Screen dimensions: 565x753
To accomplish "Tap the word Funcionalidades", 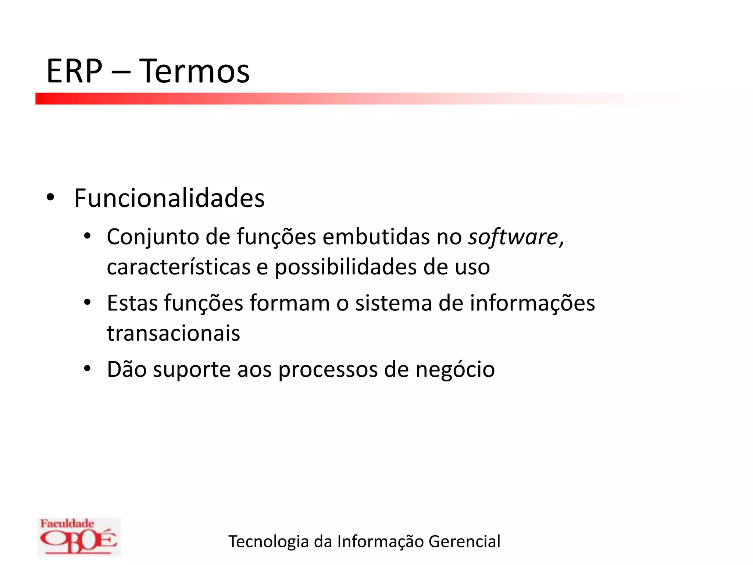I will pos(169,198).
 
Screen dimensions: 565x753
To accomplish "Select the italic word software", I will pos(513,237).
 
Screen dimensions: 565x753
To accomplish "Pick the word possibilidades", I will pos(346,267).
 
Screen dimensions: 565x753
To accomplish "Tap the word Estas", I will pos(132,303).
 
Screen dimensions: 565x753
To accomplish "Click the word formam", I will pos(290,303).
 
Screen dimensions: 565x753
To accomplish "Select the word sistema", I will pos(393,303).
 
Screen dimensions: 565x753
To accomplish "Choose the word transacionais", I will pos(174,334).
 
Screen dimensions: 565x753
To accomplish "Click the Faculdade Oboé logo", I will pos(79,537).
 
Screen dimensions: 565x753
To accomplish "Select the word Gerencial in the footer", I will pos(464,541).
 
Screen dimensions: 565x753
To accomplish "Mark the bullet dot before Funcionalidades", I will pos(50,198).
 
